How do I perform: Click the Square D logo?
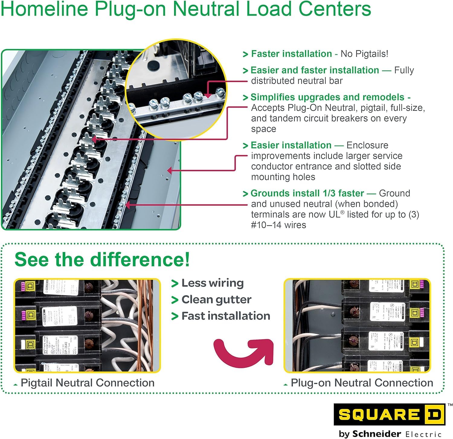click(x=389, y=414)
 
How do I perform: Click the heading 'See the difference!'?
click(x=102, y=259)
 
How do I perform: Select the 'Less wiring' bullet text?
click(x=212, y=283)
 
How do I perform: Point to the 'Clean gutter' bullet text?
click(x=216, y=299)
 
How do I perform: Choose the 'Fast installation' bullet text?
click(x=226, y=316)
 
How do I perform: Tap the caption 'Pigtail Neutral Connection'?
click(x=87, y=383)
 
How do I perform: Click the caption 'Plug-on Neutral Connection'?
click(x=361, y=383)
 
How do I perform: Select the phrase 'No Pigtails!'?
click(x=364, y=54)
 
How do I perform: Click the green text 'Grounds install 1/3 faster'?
click(x=307, y=193)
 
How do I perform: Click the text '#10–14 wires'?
click(x=278, y=225)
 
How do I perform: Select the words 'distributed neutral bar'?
click(x=297, y=81)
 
